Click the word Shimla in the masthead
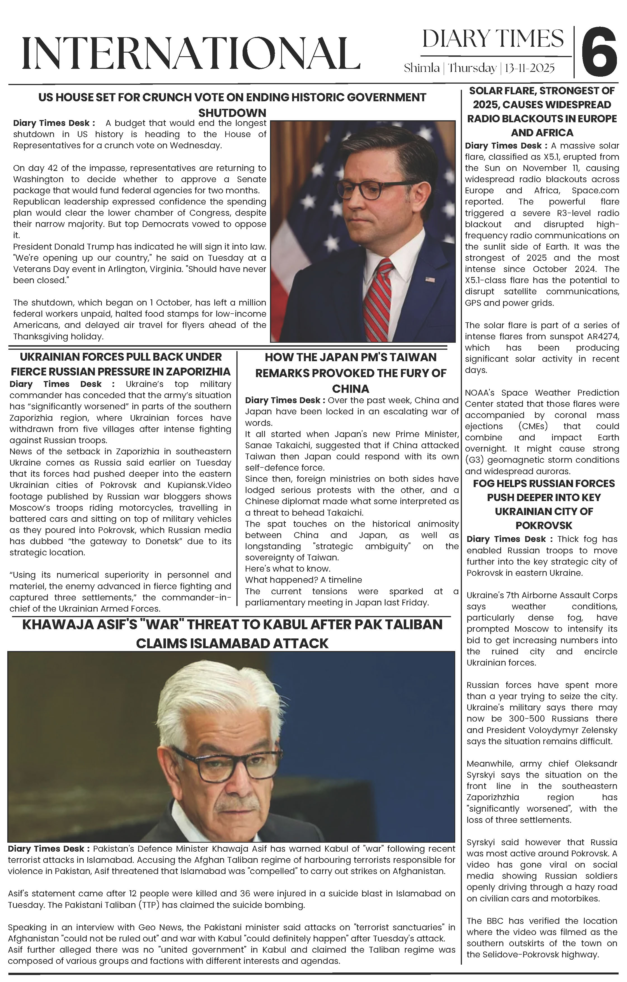[x=421, y=68]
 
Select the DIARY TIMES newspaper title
[x=493, y=39]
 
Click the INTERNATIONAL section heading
[x=191, y=53]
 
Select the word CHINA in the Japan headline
[x=350, y=388]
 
